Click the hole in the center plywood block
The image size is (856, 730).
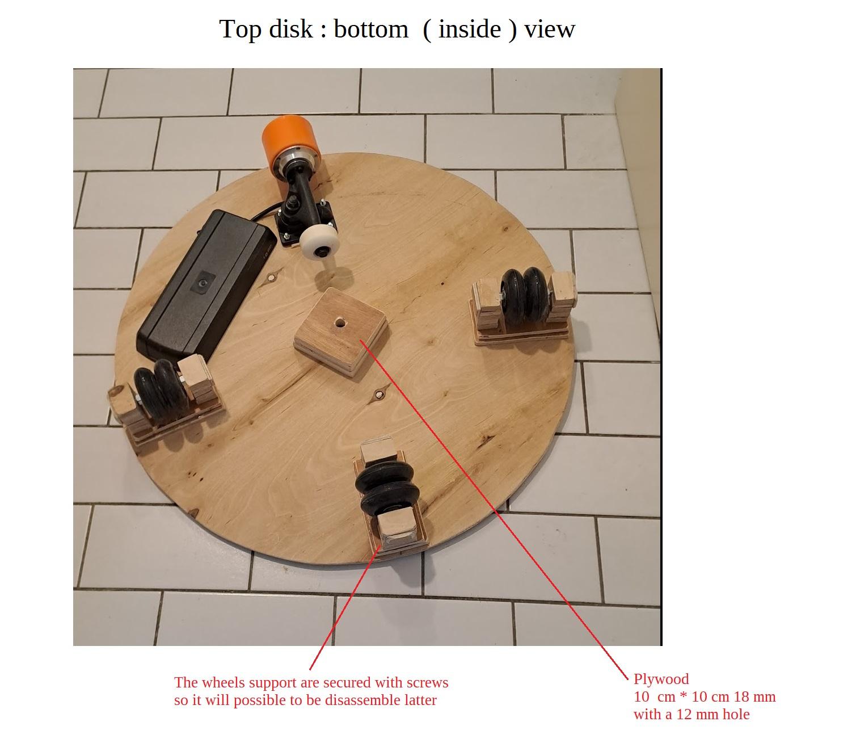pos(340,322)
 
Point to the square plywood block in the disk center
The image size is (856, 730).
pos(341,332)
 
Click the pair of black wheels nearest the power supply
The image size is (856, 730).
pos(162,391)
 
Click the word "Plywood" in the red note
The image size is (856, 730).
pos(661,679)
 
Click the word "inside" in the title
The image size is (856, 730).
pos(470,30)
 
